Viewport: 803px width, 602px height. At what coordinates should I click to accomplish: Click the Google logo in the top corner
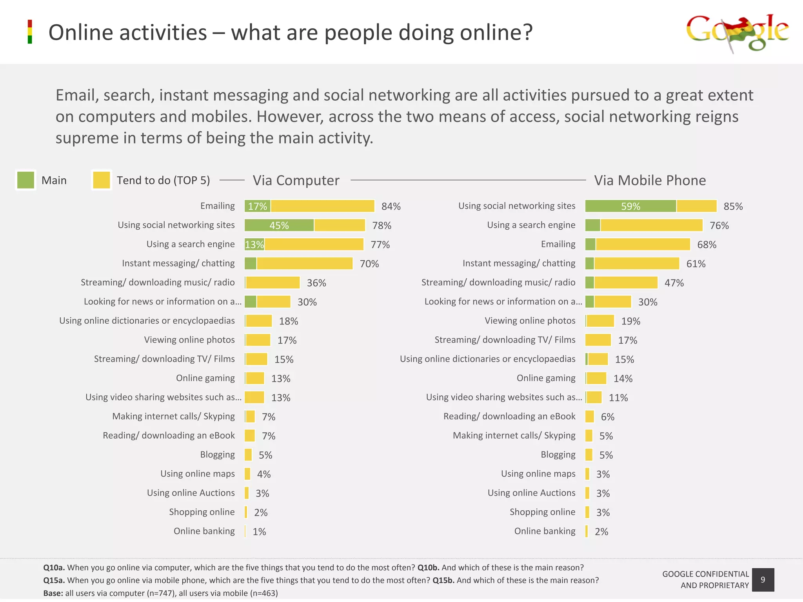tap(737, 33)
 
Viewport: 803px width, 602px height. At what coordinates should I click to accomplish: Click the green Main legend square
tap(26, 180)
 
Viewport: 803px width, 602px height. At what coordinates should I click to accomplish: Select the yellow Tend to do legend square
tap(102, 180)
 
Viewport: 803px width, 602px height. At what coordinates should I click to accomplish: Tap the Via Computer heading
tap(296, 180)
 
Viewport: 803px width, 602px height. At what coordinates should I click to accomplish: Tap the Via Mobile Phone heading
tap(650, 180)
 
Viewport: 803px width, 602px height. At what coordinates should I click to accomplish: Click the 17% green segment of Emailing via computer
tap(257, 206)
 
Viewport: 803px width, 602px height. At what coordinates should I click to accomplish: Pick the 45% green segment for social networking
tap(279, 225)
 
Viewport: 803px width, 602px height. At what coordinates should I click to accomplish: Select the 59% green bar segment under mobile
tap(630, 206)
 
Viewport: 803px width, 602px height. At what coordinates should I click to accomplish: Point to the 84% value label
tap(391, 207)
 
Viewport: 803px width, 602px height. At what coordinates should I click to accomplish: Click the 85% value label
tap(733, 207)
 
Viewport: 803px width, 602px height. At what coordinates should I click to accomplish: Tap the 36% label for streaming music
tap(316, 283)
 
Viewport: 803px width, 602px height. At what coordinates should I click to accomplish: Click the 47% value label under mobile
tap(674, 283)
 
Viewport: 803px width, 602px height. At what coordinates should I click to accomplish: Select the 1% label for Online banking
tap(259, 532)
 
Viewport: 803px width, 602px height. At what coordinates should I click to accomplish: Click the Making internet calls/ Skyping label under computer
tap(173, 416)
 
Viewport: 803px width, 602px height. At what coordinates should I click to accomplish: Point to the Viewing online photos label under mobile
tap(530, 321)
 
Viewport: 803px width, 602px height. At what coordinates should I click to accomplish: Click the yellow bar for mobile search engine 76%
tap(651, 225)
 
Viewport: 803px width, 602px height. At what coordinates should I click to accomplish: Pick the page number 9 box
tap(763, 580)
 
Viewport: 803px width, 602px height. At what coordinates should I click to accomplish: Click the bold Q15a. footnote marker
tap(54, 580)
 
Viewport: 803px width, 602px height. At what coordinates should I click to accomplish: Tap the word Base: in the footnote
tap(53, 593)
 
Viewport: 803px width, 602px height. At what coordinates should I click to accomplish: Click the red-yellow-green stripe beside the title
tap(30, 32)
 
